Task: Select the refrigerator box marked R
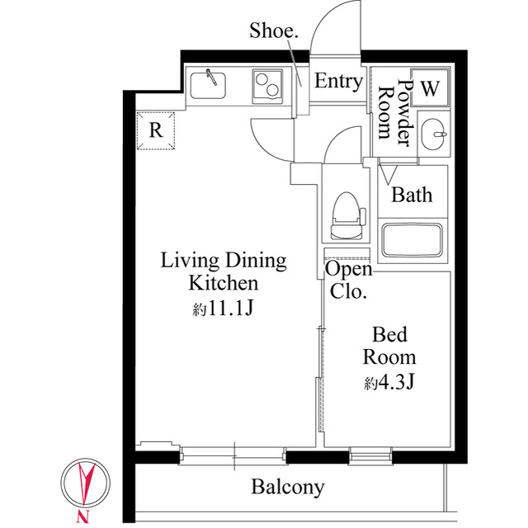[155, 130]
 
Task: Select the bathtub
[413, 238]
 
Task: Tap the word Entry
[338, 82]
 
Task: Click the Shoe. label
[274, 31]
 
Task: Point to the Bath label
[412, 196]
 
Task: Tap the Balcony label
[288, 487]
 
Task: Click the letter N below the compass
[82, 516]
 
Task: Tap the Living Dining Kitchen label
[223, 272]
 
